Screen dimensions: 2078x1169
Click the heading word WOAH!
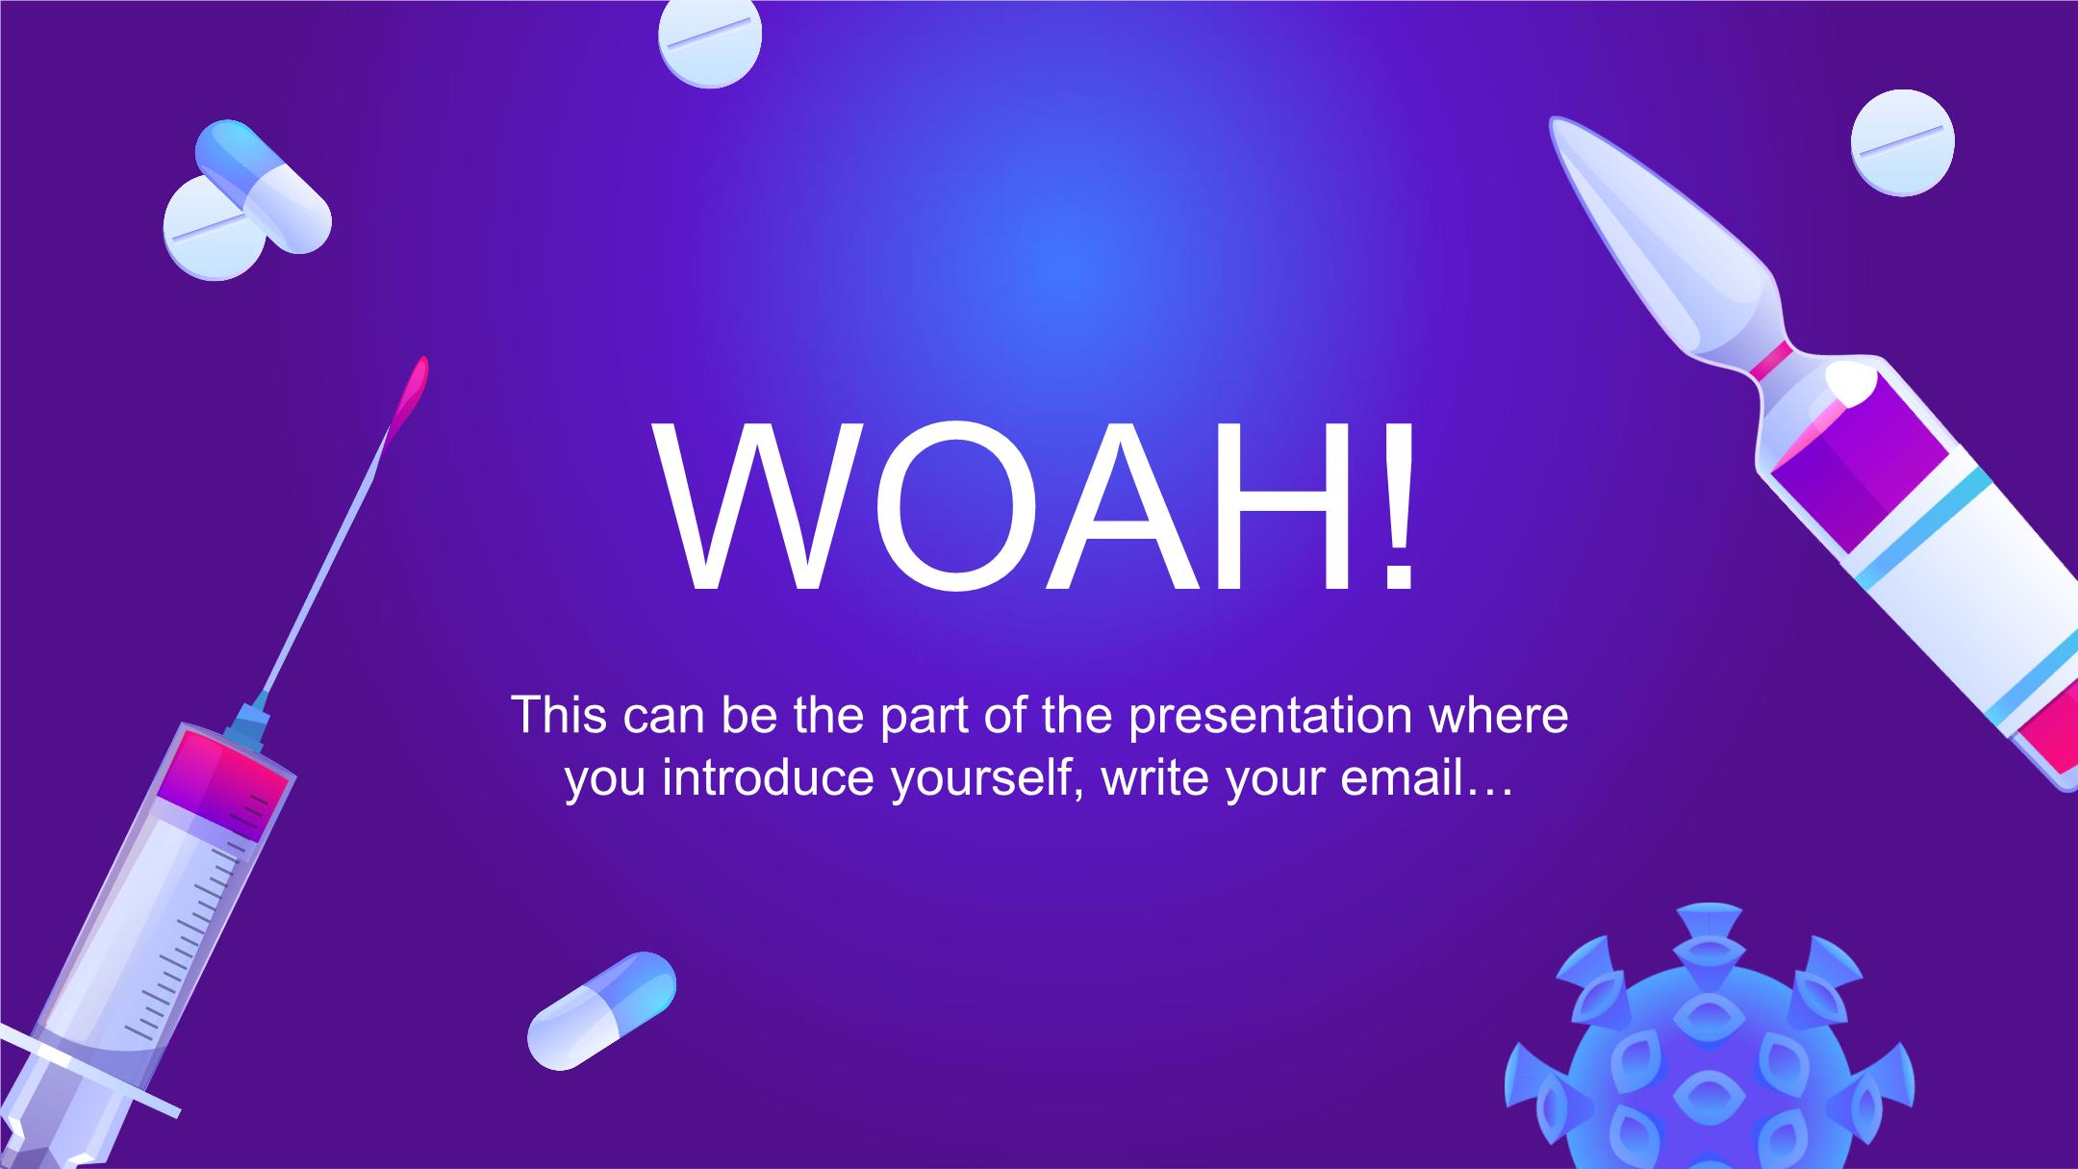[1035, 506]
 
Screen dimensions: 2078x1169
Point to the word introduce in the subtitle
[771, 777]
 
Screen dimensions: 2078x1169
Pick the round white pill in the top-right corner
[1903, 143]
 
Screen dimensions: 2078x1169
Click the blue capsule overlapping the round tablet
[264, 187]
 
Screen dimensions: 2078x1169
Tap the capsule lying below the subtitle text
[602, 1010]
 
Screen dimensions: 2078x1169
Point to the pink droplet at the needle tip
[409, 392]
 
